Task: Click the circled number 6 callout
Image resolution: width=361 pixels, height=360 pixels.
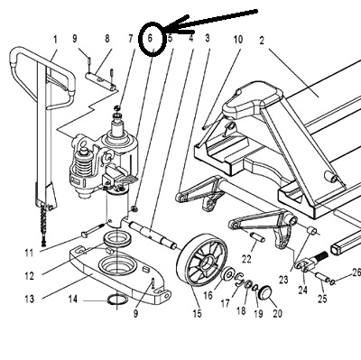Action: pos(151,38)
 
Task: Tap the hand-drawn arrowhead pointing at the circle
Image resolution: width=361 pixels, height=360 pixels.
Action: pos(178,25)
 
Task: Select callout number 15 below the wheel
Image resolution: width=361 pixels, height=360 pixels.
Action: pos(197,314)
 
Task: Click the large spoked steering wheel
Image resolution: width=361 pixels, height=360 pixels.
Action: pos(202,263)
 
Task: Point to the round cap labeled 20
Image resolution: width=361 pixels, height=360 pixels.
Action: pos(265,292)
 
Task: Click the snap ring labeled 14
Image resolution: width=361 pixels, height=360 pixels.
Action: pos(118,300)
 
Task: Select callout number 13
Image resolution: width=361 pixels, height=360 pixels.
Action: pos(30,299)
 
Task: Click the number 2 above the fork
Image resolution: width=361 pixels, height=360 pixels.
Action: pos(262,41)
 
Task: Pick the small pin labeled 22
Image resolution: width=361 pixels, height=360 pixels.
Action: pos(257,236)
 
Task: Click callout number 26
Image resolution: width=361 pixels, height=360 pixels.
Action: pos(356,273)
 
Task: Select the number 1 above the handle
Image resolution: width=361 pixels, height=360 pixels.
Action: pos(55,40)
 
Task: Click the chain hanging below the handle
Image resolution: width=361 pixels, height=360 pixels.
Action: pos(44,224)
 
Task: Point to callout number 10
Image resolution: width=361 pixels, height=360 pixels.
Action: pos(238,40)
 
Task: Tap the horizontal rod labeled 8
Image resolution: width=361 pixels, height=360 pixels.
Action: pos(101,81)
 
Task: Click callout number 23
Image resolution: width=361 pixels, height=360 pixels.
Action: pos(283,280)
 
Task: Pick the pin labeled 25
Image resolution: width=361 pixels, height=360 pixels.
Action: pos(320,276)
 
